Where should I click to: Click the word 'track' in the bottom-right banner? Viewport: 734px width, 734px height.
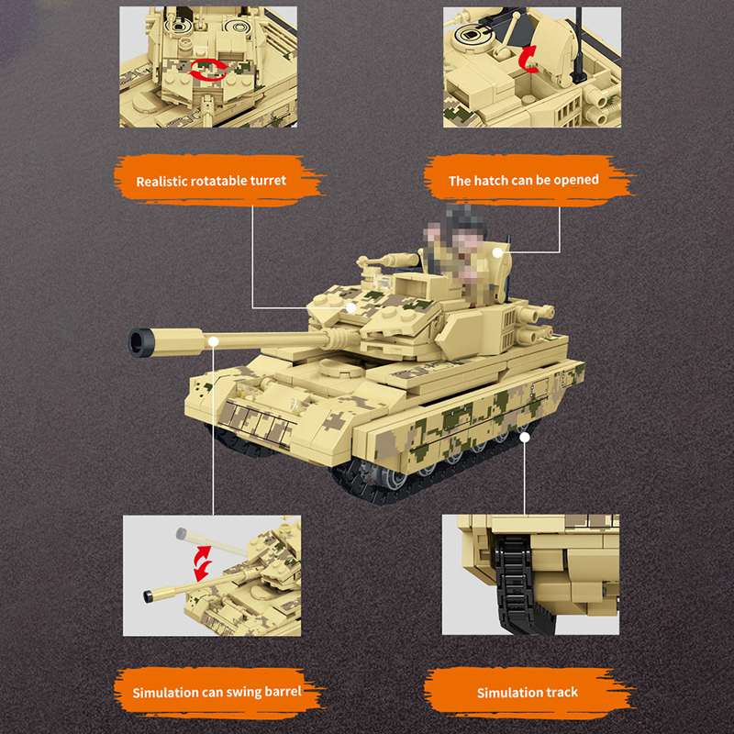coord(561,693)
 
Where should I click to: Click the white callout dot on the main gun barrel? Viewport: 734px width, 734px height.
coord(214,341)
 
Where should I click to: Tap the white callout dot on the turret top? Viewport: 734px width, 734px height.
coord(351,307)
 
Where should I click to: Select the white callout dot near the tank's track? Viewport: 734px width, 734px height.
coord(525,438)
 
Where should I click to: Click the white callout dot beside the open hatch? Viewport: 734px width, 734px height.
coord(497,253)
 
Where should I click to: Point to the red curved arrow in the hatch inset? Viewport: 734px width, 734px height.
coord(528,59)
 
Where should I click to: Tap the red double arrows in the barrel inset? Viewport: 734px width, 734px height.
coord(203,563)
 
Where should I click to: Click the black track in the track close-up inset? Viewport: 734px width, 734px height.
coord(518,585)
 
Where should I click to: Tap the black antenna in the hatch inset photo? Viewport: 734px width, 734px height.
coord(579,46)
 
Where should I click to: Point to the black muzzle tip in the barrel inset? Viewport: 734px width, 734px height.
coord(149,596)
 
